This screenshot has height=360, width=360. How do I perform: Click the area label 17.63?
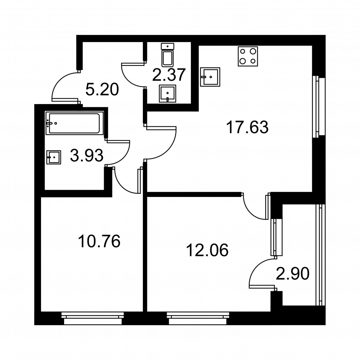247,127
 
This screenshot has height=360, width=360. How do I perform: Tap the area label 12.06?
207,250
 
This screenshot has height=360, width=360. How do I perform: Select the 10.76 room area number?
99,241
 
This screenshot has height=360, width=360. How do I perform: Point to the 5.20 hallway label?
102,89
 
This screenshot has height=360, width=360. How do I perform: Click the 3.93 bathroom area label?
87,156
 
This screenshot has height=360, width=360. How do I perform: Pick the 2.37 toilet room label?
168,75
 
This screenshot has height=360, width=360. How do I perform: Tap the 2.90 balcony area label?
292,274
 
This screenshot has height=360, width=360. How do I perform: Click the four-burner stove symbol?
248,57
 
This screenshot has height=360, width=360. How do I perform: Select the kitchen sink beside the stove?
210,77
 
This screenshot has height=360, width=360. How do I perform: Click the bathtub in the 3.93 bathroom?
75,123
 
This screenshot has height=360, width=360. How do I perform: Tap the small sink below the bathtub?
54,157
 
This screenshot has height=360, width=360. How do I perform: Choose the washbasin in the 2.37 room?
168,94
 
